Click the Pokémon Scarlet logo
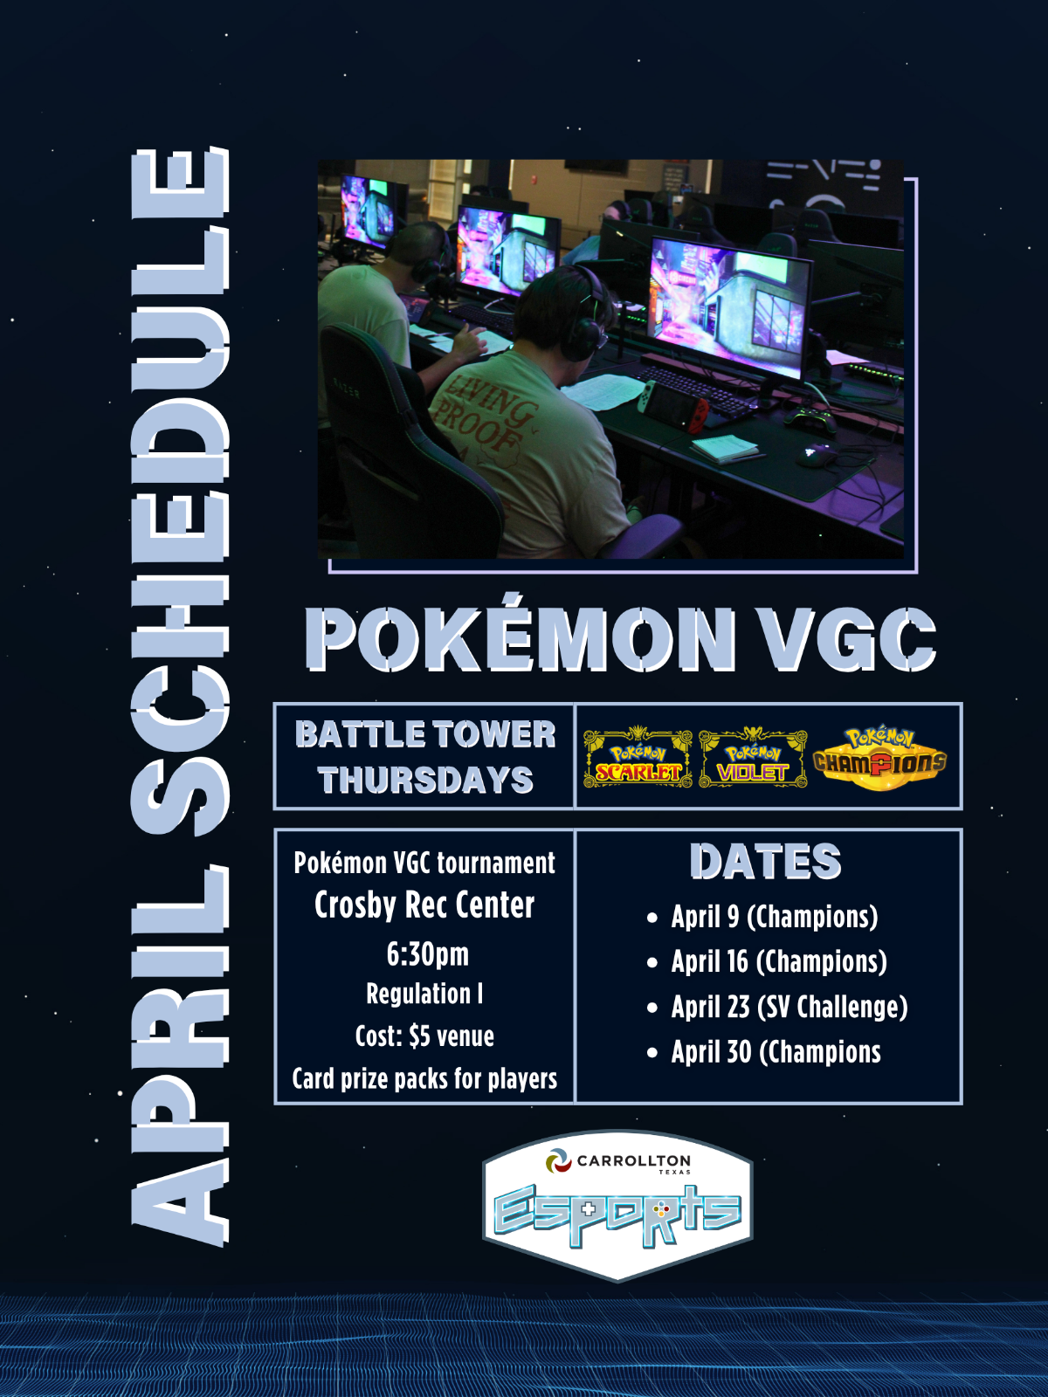tap(638, 757)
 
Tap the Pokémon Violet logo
tap(753, 757)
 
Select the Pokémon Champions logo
tap(880, 759)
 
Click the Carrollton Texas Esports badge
tap(617, 1206)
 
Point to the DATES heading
tap(766, 862)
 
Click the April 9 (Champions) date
tap(775, 917)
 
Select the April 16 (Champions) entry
tap(779, 961)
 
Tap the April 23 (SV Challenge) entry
tap(789, 1008)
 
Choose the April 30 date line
tap(776, 1053)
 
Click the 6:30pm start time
tap(428, 954)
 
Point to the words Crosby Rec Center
tap(424, 905)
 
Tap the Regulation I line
tap(424, 994)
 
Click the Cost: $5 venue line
tap(424, 1036)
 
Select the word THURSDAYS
tap(425, 780)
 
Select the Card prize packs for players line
tap(424, 1079)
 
